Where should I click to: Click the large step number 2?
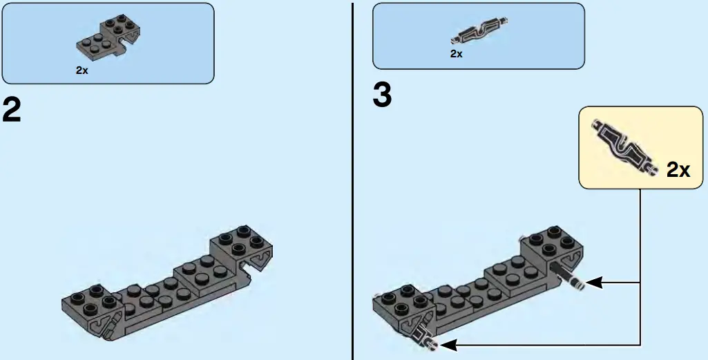12,110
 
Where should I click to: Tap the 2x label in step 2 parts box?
82,70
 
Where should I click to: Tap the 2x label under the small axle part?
456,53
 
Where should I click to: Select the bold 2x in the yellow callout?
678,170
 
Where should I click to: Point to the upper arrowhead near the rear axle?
595,282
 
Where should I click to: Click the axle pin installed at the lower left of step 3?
423,338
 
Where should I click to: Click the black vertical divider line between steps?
353,180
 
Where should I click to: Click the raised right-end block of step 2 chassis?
242,245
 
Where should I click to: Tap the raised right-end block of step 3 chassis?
552,245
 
